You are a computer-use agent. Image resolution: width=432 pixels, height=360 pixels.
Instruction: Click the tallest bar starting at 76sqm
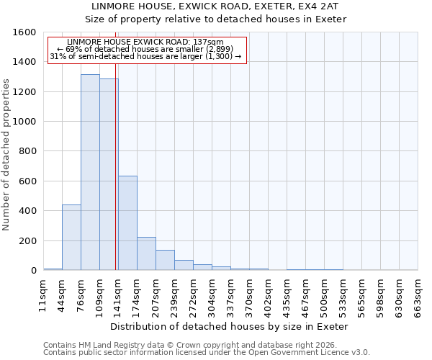point(90,173)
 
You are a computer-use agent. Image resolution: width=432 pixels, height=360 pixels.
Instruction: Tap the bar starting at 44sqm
point(71,238)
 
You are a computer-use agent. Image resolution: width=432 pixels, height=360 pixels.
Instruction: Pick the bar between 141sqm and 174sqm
point(127,223)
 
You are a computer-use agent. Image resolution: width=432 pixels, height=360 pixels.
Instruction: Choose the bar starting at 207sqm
point(165,260)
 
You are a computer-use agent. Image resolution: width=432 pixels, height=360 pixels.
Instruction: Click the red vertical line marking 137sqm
point(115,158)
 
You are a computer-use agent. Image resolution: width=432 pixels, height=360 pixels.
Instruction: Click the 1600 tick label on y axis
point(24,32)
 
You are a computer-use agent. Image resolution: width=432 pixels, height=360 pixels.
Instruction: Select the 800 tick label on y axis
point(27,151)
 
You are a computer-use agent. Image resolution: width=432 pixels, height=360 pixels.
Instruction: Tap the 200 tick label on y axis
point(27,240)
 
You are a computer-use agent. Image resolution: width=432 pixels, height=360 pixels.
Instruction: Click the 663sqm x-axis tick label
point(418,296)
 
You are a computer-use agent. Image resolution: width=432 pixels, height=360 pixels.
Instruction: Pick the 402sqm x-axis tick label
point(268,296)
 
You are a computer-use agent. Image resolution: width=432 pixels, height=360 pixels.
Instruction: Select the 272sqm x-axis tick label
point(193,296)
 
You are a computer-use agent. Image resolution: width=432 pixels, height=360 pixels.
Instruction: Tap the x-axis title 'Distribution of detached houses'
point(230,326)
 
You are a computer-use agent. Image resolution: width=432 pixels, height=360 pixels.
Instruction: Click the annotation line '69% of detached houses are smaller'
point(147,49)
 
